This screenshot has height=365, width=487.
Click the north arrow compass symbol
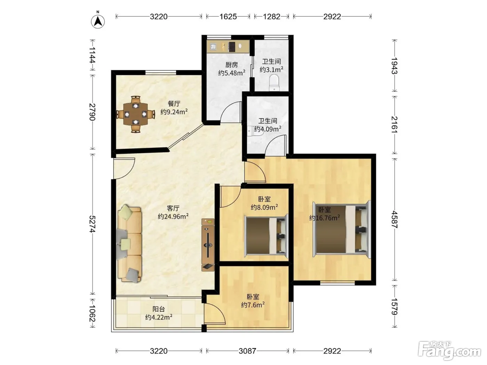[98, 22]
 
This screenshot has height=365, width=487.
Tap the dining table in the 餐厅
[136, 114]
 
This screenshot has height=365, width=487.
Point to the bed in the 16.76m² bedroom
[342, 229]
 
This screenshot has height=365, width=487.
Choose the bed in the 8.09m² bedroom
[266, 235]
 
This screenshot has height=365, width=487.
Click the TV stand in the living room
[208, 245]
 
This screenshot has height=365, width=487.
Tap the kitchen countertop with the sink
[228, 46]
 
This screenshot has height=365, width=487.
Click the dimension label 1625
[228, 17]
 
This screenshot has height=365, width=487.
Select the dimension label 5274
[92, 224]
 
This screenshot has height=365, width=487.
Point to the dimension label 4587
[394, 219]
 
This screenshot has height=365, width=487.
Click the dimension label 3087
[247, 351]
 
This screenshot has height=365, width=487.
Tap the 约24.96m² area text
[173, 216]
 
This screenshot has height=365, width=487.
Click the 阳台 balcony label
[159, 309]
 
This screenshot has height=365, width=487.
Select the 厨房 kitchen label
[231, 65]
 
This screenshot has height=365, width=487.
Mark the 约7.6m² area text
[253, 305]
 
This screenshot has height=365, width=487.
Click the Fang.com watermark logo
[449, 350]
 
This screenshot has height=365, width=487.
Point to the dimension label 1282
[272, 17]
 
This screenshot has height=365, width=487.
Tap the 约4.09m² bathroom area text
[268, 129]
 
